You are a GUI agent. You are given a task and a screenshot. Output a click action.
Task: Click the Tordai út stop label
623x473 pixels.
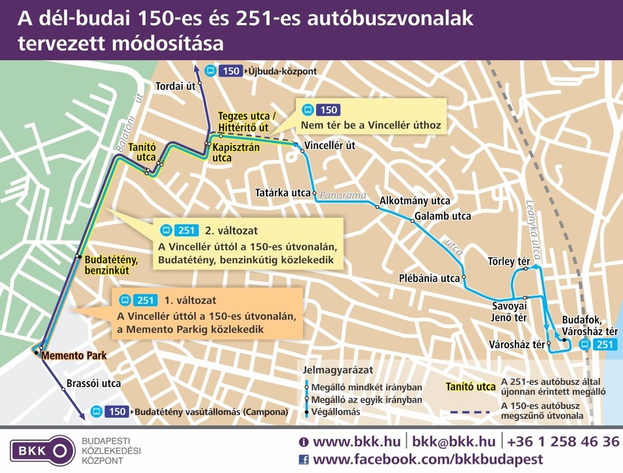click(x=176, y=86)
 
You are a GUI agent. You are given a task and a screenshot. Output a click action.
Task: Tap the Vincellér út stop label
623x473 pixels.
click(x=331, y=146)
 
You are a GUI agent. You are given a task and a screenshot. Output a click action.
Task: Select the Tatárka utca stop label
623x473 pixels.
click(x=283, y=193)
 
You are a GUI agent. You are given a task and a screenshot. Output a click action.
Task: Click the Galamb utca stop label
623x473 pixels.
click(x=443, y=216)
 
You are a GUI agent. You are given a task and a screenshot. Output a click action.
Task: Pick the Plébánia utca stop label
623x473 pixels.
click(x=430, y=278)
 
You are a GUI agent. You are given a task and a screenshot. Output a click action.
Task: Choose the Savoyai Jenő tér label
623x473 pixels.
click(x=510, y=312)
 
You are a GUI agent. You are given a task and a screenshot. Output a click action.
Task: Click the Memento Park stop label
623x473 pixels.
click(x=73, y=356)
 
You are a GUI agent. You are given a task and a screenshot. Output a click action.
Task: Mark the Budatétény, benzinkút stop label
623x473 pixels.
click(x=107, y=264)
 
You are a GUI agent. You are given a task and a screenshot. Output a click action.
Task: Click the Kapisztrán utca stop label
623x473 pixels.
click(x=236, y=152)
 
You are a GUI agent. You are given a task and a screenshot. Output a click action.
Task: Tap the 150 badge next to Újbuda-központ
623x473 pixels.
click(x=231, y=71)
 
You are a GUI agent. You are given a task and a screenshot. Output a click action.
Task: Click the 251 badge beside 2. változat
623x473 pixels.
click(x=187, y=231)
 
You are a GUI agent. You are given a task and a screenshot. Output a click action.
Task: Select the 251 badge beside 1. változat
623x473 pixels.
click(x=146, y=300)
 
